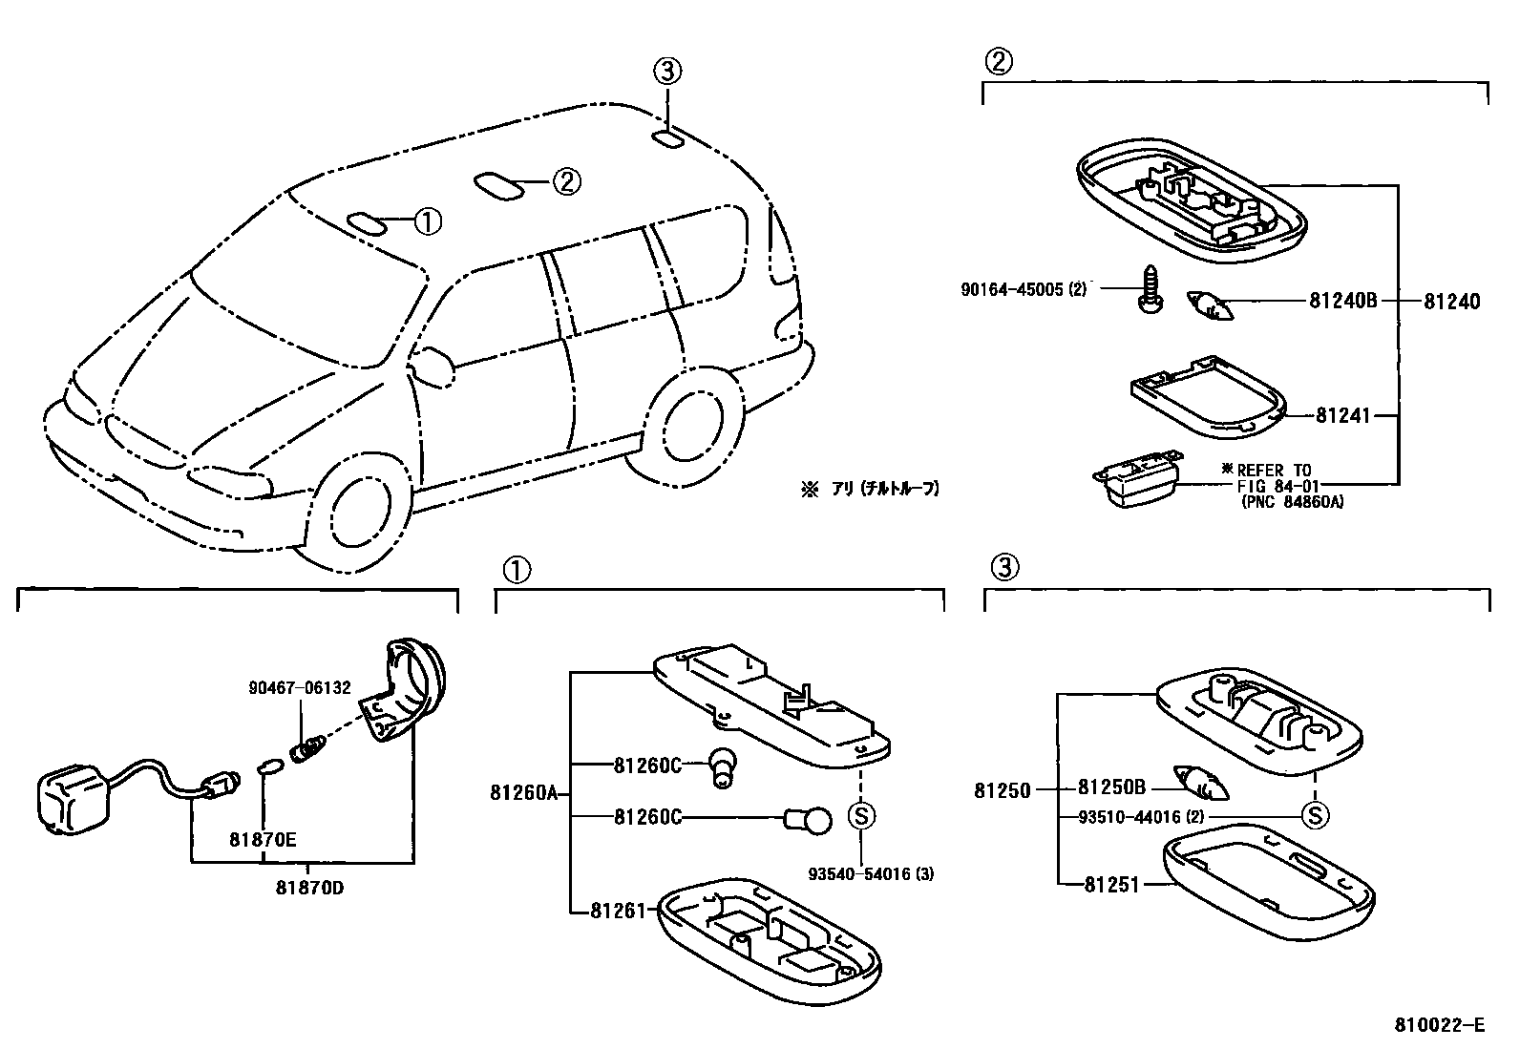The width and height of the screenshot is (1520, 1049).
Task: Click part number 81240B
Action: coord(1342,302)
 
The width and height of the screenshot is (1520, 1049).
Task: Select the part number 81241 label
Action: coord(1342,415)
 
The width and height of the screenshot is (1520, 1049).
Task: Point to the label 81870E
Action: coord(263,840)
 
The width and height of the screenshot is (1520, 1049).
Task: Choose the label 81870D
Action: coord(309,888)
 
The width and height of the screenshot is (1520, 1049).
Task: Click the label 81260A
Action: coord(524,792)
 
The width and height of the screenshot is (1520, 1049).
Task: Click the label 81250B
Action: coord(1110,788)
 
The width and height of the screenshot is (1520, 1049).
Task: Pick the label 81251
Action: coord(1111,885)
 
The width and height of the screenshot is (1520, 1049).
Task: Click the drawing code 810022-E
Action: coord(1440,1025)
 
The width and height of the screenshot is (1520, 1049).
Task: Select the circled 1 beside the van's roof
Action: coord(428,221)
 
